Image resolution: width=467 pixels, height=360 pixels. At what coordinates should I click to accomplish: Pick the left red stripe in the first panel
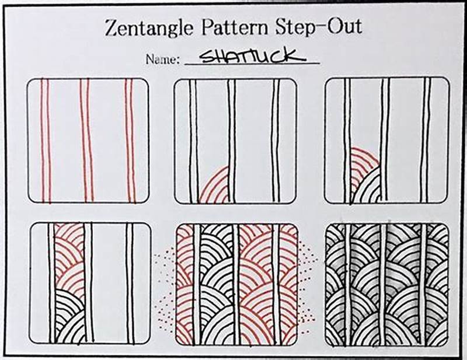pos(44,140)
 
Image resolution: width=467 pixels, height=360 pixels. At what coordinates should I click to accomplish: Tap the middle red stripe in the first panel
pos(86,140)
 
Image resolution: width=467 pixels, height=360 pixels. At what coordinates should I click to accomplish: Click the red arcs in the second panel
pos(213,187)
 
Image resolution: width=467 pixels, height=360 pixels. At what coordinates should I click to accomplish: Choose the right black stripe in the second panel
pos(275,140)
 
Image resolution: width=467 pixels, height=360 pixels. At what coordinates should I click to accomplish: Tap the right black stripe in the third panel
pos(426,140)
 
